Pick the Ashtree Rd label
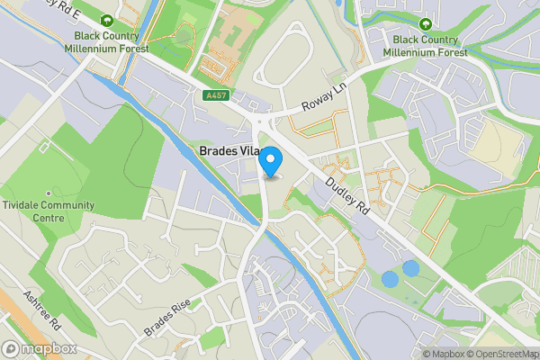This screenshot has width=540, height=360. click(x=41, y=310)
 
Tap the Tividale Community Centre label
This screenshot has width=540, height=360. click(x=48, y=211)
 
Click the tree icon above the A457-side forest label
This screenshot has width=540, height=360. click(x=108, y=20)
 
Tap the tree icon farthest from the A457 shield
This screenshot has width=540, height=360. click(x=425, y=23)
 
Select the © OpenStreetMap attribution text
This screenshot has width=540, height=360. click(x=502, y=353)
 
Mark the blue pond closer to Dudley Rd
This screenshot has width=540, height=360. click(x=410, y=268)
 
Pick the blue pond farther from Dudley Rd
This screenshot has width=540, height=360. click(x=390, y=279)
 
